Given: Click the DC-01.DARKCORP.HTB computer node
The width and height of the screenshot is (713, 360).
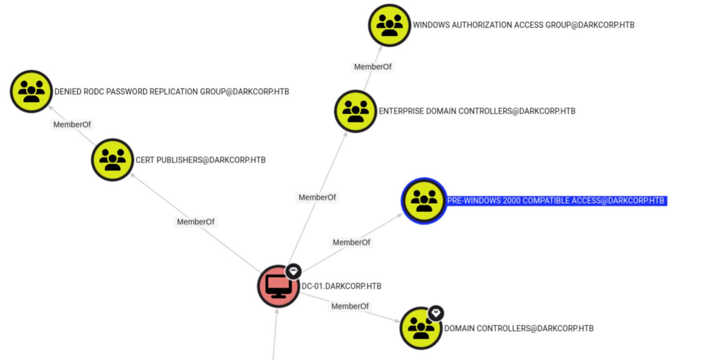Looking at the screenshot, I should pos(278,287).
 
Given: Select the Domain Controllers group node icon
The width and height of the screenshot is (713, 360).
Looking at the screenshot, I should pos(420,328).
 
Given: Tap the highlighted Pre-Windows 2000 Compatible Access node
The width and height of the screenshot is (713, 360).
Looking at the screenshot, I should pos(424,201).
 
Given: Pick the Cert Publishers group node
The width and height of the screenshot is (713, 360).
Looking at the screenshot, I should pos(113,160).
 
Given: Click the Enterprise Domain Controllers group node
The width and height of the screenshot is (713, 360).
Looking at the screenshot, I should pos(355,111).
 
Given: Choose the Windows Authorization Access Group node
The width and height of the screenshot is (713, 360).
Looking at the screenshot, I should pos(389,25).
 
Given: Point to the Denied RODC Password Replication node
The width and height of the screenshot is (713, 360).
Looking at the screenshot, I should pos(31,92).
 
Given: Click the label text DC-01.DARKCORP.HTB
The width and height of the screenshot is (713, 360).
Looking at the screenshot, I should pos(341,286).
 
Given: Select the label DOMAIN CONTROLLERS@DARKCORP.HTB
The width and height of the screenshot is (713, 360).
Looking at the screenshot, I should pos(519,328).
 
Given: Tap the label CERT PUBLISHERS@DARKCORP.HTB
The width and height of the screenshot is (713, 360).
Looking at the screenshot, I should pos(200,160).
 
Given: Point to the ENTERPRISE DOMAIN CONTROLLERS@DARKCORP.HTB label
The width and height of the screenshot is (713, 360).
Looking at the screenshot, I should pos(477,111).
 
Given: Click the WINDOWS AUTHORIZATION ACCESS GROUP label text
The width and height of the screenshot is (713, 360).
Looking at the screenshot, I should pos(523,25).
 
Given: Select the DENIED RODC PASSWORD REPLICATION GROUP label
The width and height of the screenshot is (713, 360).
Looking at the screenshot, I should pos(172,92).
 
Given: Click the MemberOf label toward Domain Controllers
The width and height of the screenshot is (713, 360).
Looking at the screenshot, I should pos(350,306).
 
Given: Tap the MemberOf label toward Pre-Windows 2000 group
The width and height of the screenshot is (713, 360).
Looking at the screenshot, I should pos(352,242).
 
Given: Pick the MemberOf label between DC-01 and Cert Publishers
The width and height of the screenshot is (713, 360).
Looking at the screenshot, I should pos(196,222).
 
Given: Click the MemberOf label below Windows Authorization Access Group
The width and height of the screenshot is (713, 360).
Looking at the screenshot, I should pos(373,67).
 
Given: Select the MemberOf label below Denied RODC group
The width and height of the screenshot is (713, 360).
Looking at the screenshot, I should pos(72,125).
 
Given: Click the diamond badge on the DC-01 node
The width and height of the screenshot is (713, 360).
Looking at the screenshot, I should pos(293,271).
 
